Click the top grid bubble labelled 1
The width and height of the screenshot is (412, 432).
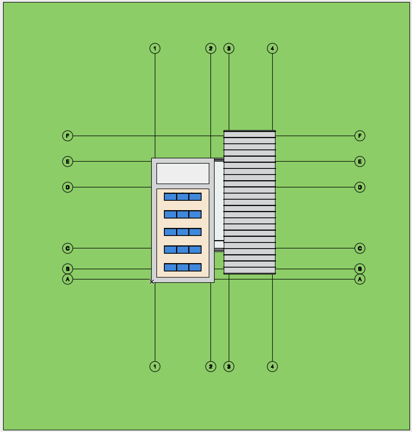click(155, 49)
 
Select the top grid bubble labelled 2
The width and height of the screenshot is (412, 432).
click(211, 49)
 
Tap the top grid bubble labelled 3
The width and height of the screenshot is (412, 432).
click(229, 49)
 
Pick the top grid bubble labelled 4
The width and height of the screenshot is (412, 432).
click(272, 49)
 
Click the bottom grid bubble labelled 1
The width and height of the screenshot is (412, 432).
click(155, 367)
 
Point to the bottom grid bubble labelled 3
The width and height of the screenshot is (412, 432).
click(229, 367)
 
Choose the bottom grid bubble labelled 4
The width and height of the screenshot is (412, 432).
click(272, 367)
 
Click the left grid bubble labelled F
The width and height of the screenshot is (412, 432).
click(68, 136)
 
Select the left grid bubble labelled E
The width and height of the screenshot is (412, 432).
click(68, 161)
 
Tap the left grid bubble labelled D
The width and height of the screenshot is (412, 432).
click(68, 187)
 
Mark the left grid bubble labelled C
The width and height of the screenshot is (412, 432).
click(68, 248)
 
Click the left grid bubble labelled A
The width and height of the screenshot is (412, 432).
click(68, 279)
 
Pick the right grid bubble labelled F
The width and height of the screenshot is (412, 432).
click(360, 136)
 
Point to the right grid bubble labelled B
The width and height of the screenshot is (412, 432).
click(360, 269)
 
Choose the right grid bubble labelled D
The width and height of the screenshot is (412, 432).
click(360, 187)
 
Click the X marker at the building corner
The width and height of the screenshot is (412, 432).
click(152, 282)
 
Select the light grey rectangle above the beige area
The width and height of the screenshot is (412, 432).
click(183, 174)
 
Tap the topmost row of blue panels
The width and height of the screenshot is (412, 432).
click(183, 197)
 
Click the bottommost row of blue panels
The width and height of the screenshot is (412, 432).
click(183, 267)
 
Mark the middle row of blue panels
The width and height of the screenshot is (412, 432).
click(183, 232)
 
